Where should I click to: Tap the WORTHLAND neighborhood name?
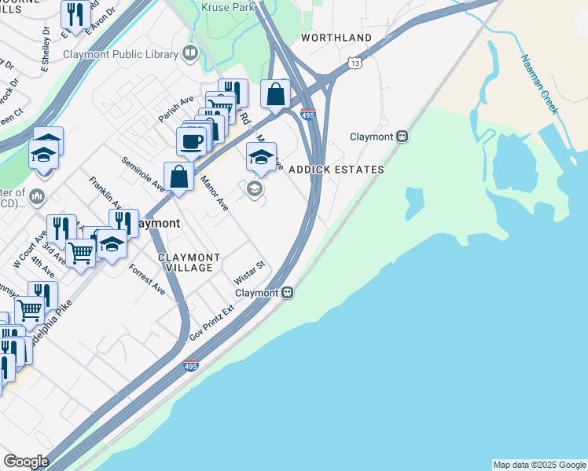[x=336, y=38]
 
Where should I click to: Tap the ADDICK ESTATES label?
[x=336, y=170]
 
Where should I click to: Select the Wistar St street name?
[x=250, y=276]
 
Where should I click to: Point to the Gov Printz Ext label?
[x=213, y=323]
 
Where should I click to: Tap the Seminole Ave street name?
[x=143, y=174]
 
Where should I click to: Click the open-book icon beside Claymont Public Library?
[x=189, y=53]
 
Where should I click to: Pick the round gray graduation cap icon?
[x=255, y=188]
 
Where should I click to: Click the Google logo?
[x=25, y=462]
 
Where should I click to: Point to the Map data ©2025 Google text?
[x=539, y=465]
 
